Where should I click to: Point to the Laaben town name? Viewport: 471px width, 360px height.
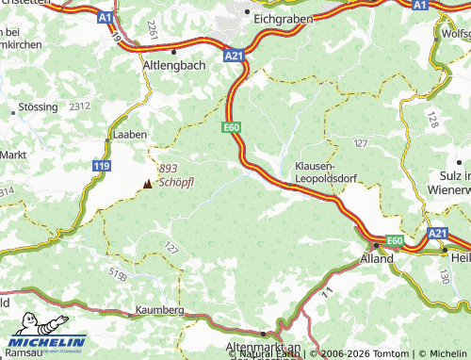click(x=129, y=136)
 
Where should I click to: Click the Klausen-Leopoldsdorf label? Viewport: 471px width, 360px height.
click(x=329, y=170)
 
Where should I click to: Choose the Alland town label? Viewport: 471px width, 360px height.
click(x=377, y=257)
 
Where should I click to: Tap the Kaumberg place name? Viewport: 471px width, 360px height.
click(x=159, y=310)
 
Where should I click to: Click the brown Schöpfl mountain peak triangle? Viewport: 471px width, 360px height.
click(x=146, y=184)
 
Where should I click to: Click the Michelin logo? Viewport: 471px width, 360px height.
click(x=47, y=342)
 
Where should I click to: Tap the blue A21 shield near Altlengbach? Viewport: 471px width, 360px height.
click(x=235, y=57)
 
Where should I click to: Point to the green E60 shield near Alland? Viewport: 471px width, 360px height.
click(x=395, y=241)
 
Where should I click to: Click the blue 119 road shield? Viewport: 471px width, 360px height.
click(x=101, y=166)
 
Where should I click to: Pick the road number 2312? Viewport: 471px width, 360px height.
click(x=79, y=106)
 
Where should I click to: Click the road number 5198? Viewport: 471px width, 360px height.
click(x=117, y=276)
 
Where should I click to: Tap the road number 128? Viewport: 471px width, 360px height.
click(x=431, y=120)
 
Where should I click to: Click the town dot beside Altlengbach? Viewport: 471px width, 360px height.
click(x=174, y=52)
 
